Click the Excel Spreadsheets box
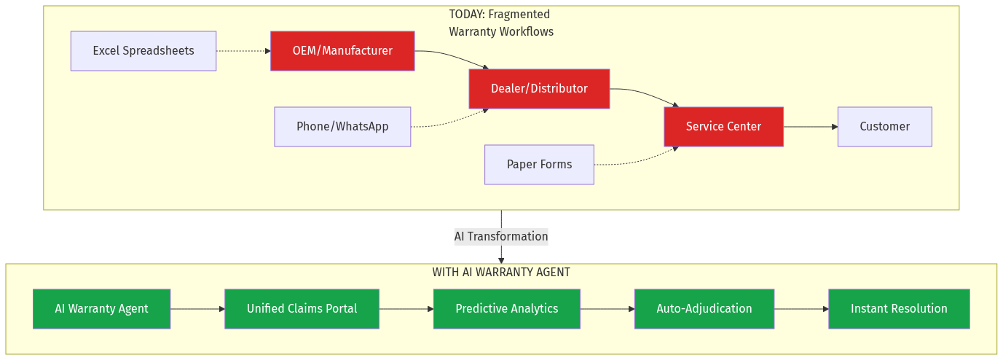(x=143, y=51)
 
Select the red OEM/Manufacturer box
(x=342, y=51)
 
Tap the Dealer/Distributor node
(x=539, y=89)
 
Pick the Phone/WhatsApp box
(x=342, y=127)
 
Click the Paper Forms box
(x=539, y=165)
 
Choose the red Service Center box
(x=723, y=127)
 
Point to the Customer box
(x=884, y=127)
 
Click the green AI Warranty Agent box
(x=101, y=309)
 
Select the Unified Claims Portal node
(x=302, y=309)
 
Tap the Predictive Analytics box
(x=506, y=309)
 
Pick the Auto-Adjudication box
(x=704, y=309)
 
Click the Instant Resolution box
(x=899, y=309)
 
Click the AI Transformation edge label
(x=501, y=237)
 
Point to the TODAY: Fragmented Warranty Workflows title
(x=501, y=23)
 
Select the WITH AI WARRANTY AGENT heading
(x=501, y=273)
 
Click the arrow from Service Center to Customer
(x=810, y=127)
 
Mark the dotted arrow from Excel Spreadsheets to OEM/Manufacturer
(x=243, y=51)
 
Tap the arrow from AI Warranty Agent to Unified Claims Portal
(x=197, y=309)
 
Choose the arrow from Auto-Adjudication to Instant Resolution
(x=801, y=309)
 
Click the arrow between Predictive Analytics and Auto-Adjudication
(x=607, y=309)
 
